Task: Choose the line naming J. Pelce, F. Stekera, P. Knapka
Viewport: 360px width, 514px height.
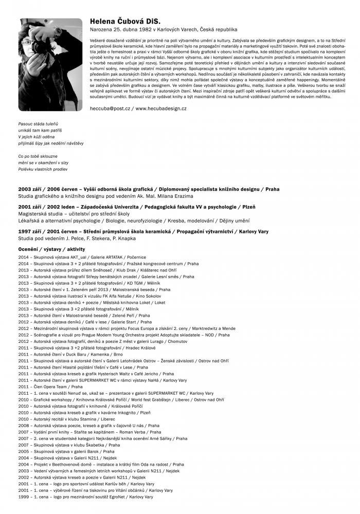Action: pos(77,238)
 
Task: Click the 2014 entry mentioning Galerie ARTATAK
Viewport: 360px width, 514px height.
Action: pos(82,256)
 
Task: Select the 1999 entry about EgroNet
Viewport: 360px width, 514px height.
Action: pos(85,497)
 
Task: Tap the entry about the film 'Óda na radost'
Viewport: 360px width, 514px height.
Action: pos(101,464)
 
